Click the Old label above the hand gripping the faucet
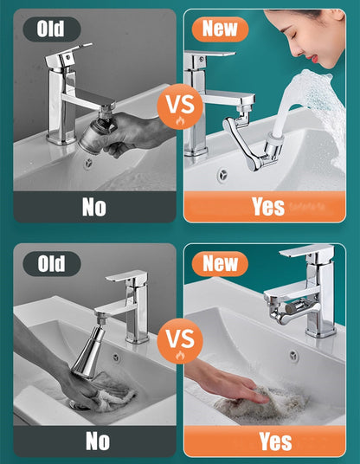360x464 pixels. (x=51, y=29)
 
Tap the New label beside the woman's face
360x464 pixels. (x=220, y=29)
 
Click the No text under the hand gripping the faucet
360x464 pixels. (x=94, y=206)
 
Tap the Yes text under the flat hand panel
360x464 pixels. (x=274, y=441)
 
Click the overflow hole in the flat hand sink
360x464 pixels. (x=293, y=354)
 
